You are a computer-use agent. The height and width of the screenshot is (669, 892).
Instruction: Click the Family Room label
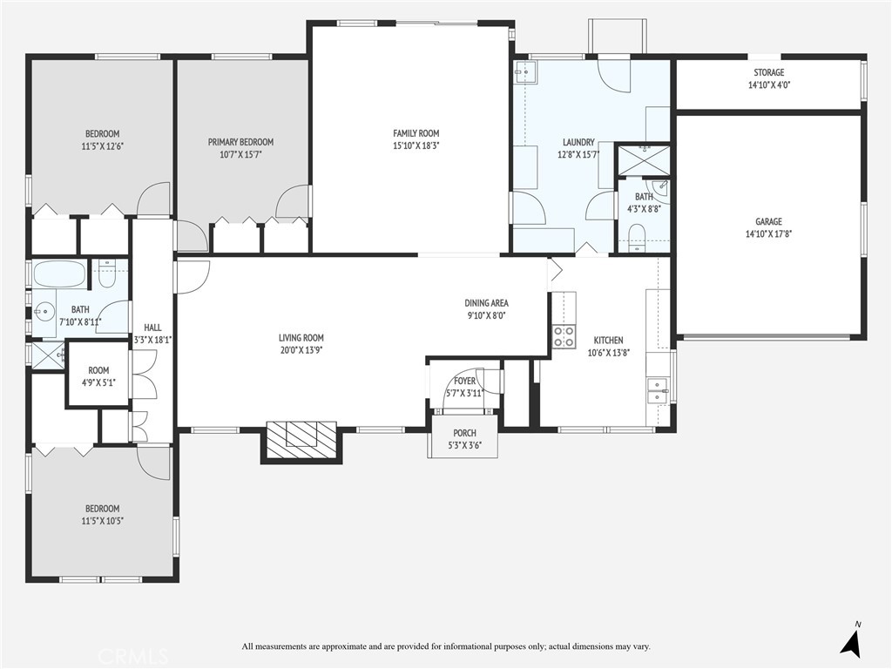click(416, 133)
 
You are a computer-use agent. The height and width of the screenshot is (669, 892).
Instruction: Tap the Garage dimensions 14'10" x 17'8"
click(768, 233)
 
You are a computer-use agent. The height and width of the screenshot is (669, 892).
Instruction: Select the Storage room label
click(768, 72)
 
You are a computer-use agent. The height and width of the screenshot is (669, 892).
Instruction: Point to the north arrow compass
click(851, 639)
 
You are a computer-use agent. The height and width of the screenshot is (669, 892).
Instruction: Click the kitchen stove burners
click(564, 336)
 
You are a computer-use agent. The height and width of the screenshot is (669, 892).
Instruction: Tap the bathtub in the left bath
click(60, 274)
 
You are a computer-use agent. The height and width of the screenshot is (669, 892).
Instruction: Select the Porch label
click(465, 433)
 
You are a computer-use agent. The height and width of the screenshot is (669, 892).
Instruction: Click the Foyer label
click(464, 381)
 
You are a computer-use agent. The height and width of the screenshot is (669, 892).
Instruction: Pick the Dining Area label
click(486, 303)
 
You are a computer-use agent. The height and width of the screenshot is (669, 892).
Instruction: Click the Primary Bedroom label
click(240, 142)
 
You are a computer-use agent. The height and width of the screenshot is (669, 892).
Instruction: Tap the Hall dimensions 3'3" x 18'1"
click(152, 341)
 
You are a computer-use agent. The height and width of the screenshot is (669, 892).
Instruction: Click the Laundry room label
click(578, 142)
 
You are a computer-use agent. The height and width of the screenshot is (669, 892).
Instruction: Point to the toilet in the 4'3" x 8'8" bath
click(637, 237)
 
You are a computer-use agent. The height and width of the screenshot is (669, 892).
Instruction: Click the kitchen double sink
click(658, 389)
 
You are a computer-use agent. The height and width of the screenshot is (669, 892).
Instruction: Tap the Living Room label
click(301, 338)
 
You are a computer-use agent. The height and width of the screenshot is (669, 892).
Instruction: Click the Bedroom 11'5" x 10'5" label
click(103, 509)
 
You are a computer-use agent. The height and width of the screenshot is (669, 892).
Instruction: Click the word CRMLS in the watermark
click(133, 656)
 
